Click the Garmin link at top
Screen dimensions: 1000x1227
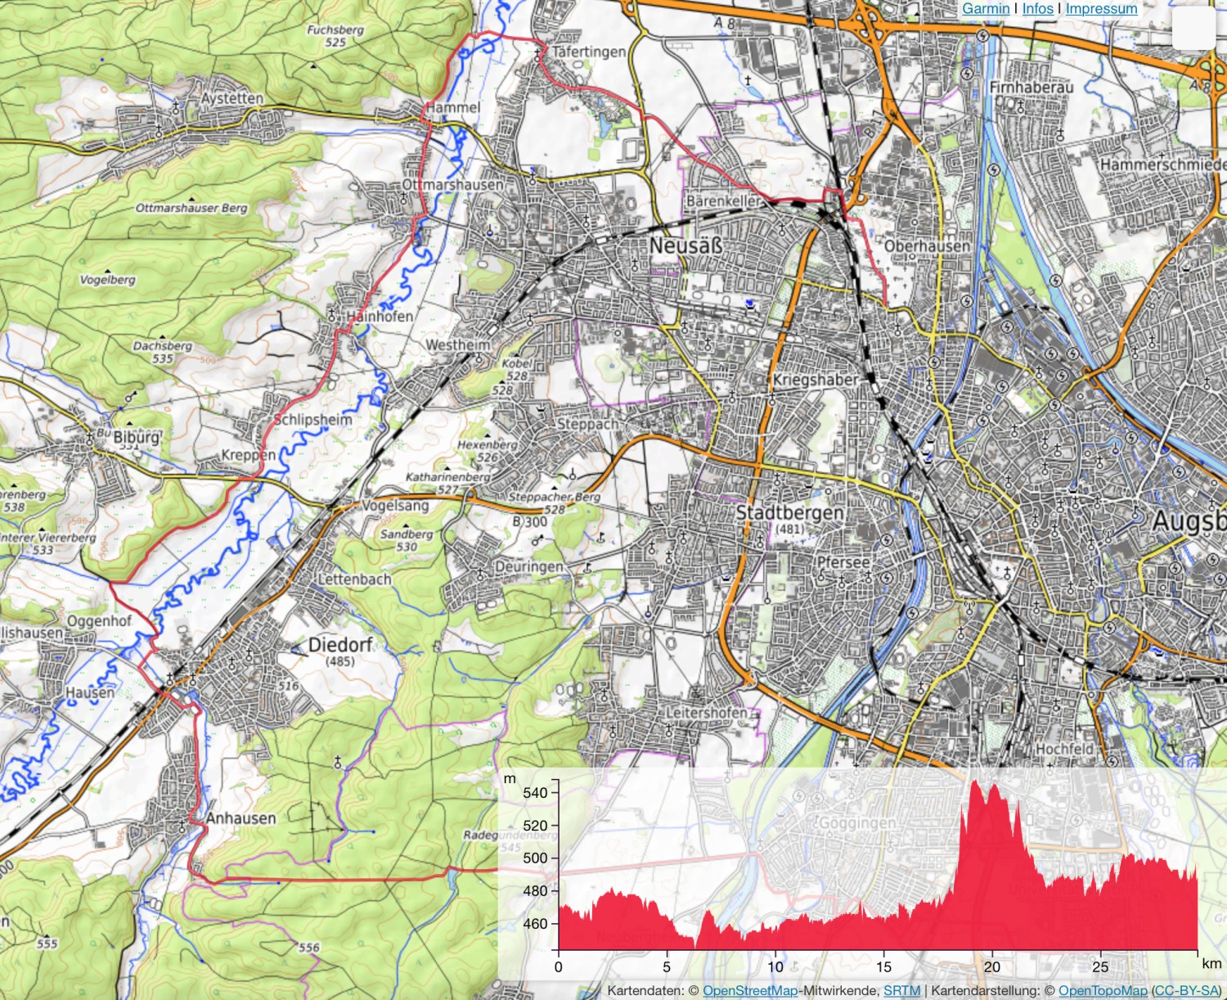pyautogui.click(x=985, y=8)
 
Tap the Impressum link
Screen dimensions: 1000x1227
pyautogui.click(x=1101, y=8)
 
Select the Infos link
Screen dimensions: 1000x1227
pyautogui.click(x=1037, y=8)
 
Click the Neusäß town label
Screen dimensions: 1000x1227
pyautogui.click(x=686, y=245)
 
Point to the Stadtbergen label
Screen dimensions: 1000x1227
pyautogui.click(x=789, y=512)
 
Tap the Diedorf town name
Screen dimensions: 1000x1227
pyautogui.click(x=340, y=645)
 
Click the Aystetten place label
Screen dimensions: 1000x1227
pyautogui.click(x=232, y=98)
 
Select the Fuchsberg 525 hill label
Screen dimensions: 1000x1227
pyautogui.click(x=335, y=35)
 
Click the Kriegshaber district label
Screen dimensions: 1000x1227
pyautogui.click(x=816, y=380)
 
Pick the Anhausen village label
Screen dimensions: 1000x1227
pyautogui.click(x=240, y=818)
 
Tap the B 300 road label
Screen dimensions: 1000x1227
pyautogui.click(x=529, y=521)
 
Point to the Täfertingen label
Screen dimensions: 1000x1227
pyautogui.click(x=588, y=52)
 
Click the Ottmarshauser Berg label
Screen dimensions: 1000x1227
pyautogui.click(x=191, y=208)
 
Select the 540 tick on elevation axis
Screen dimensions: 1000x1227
pyautogui.click(x=536, y=792)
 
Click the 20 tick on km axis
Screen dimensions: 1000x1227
pyautogui.click(x=991, y=966)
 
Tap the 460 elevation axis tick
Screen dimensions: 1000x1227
pyautogui.click(x=536, y=923)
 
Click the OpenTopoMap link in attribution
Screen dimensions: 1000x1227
pyautogui.click(x=1103, y=990)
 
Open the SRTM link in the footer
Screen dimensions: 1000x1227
pyautogui.click(x=901, y=990)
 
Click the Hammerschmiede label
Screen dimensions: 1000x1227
pyautogui.click(x=1162, y=164)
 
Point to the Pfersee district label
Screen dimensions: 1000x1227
pyautogui.click(x=843, y=562)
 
